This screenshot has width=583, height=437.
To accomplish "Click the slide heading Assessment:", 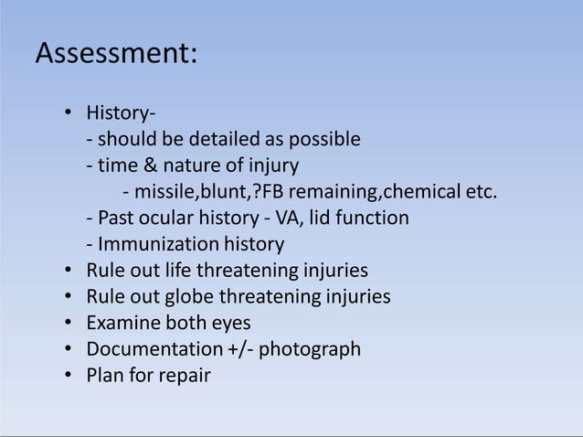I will pos(115,54).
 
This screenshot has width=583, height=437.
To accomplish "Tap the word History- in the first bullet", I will pos(120,115).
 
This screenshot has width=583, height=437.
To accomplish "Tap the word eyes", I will pos(230,324).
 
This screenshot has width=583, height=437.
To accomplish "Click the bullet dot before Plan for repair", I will pos(70,376).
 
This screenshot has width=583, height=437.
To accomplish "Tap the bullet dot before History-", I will pos(70,115).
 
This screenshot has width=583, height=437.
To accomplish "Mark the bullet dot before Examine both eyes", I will pos(70,324).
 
